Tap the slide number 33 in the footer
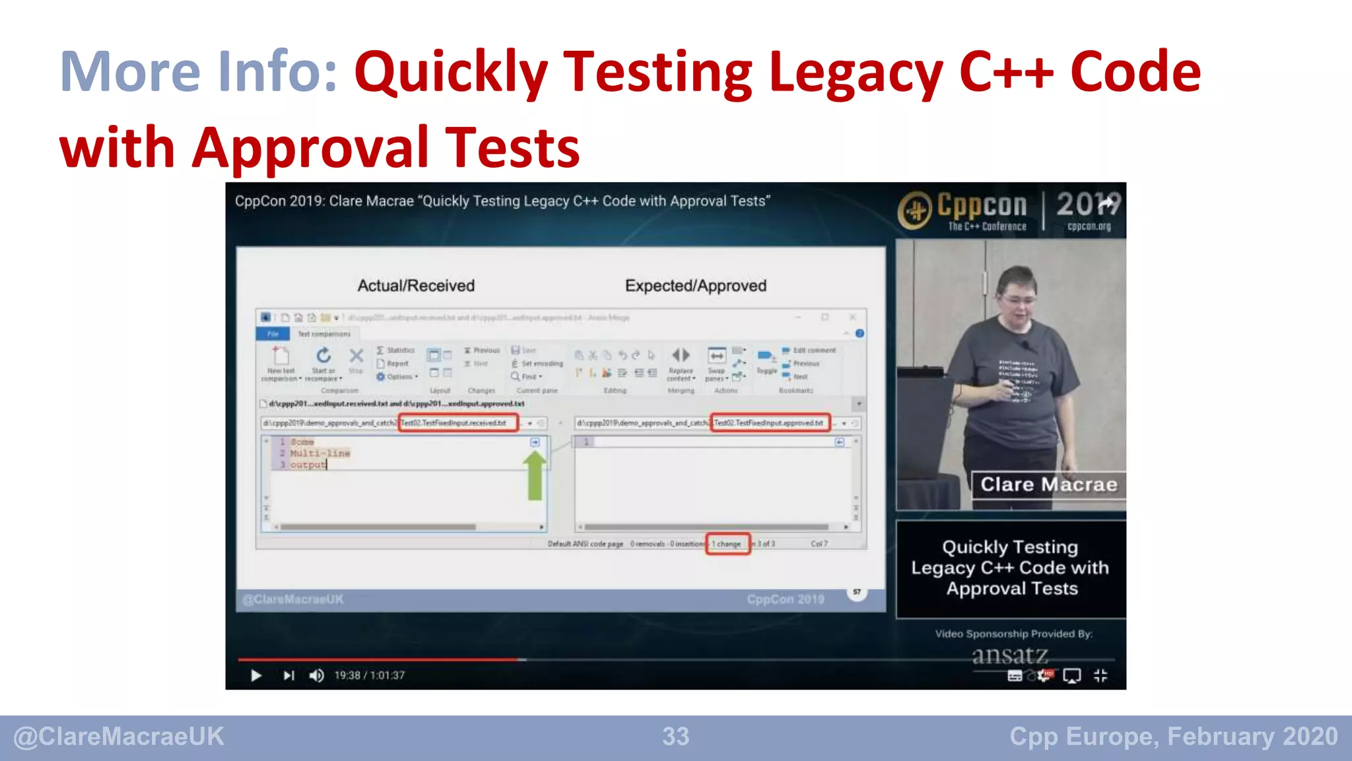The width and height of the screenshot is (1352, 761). [675, 737]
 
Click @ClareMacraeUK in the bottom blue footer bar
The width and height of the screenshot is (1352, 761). [119, 737]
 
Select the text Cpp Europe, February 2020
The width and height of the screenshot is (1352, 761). [1173, 737]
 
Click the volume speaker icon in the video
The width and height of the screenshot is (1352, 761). [316, 675]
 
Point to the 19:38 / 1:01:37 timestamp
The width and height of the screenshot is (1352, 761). [369, 675]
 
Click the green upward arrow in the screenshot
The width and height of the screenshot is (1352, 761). [535, 476]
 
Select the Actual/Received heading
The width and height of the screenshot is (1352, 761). [416, 285]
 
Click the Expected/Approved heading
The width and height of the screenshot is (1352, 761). [696, 285]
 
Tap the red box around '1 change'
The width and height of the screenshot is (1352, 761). [727, 544]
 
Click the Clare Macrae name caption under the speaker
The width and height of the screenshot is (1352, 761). [1048, 484]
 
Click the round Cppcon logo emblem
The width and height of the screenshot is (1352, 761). [916, 211]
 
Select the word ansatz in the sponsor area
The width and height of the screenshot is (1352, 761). [1009, 655]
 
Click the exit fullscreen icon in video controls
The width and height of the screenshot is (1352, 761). [1100, 675]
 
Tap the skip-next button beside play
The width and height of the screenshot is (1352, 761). [288, 675]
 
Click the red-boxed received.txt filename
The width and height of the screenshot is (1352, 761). [457, 423]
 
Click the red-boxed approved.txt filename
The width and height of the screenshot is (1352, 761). [770, 423]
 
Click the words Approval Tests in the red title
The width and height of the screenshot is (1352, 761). [386, 147]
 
